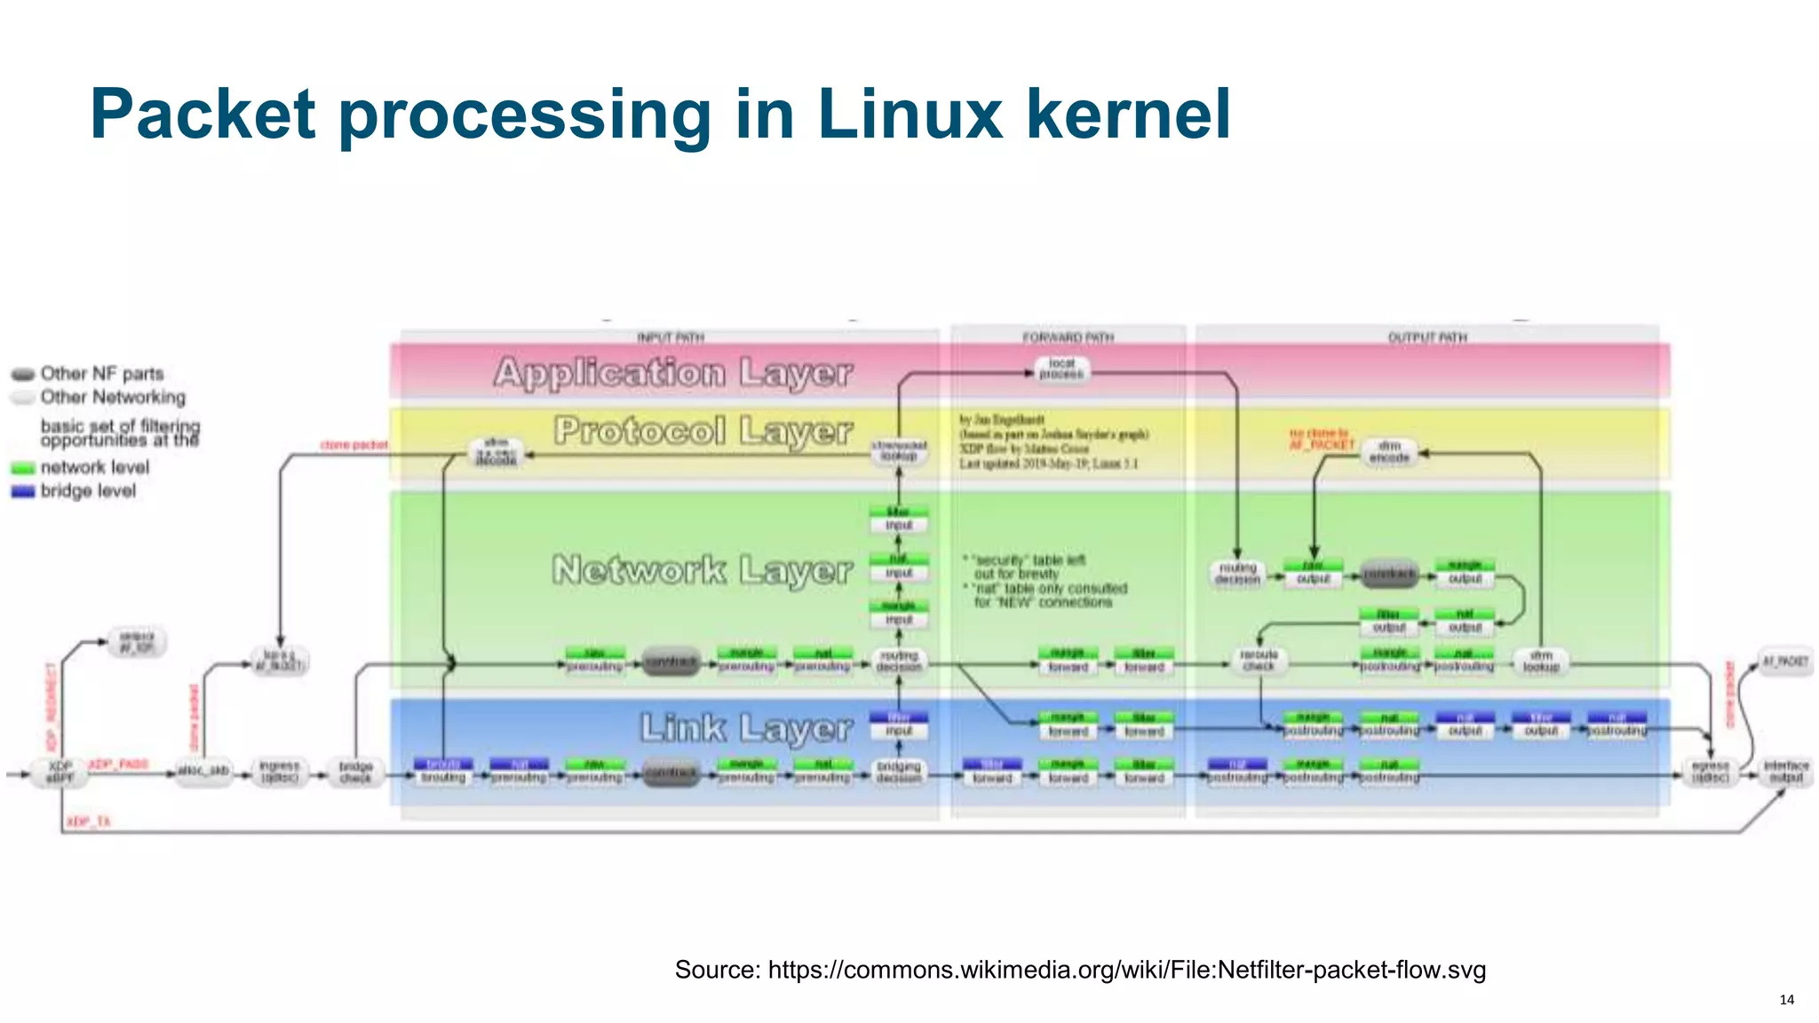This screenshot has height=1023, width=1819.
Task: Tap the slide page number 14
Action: pyautogui.click(x=1786, y=999)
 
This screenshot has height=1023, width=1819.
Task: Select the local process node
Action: pyautogui.click(x=1061, y=369)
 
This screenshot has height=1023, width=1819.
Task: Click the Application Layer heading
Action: pyautogui.click(x=673, y=372)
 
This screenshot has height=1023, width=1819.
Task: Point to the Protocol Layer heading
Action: pyautogui.click(x=703, y=431)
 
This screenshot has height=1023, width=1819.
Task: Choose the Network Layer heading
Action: pyautogui.click(x=702, y=569)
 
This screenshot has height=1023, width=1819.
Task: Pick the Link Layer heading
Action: pyautogui.click(x=746, y=728)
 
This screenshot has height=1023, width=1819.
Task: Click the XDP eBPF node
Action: pyautogui.click(x=60, y=771)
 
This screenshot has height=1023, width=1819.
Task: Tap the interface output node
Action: pyautogui.click(x=1785, y=771)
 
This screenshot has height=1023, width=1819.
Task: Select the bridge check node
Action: pyautogui.click(x=355, y=772)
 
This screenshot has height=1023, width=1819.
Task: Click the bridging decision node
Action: pyautogui.click(x=898, y=772)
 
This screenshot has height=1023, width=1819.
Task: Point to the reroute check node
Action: pyautogui.click(x=1258, y=660)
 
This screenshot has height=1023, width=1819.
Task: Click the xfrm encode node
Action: pyautogui.click(x=1389, y=451)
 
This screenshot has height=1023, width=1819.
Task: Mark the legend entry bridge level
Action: pyautogui.click(x=87, y=491)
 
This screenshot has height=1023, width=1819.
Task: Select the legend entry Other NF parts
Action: pyautogui.click(x=100, y=373)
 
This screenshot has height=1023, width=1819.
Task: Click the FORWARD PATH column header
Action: pyautogui.click(x=1068, y=337)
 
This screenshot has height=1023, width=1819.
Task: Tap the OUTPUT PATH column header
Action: pyautogui.click(x=1427, y=337)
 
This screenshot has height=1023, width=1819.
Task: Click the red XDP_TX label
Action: pyautogui.click(x=88, y=821)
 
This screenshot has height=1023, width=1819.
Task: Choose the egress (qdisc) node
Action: pyautogui.click(x=1709, y=771)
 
